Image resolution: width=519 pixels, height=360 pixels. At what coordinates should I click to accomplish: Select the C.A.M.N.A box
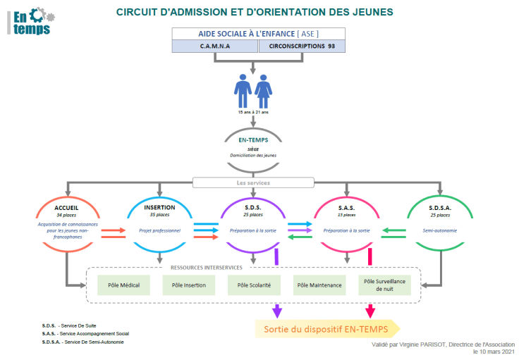click(215, 46)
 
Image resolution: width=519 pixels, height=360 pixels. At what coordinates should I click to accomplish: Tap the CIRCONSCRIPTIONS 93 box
click(302, 46)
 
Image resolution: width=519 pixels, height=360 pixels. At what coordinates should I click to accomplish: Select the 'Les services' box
click(252, 182)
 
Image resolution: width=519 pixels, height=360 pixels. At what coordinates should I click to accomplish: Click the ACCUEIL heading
click(66, 208)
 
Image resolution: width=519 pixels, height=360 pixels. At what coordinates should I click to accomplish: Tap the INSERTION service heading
click(159, 208)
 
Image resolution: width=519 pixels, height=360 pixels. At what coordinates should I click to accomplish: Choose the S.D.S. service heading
click(253, 208)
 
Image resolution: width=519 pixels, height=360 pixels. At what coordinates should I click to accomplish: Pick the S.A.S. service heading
click(346, 208)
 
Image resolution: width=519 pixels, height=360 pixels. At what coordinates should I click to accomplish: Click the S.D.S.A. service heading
click(440, 208)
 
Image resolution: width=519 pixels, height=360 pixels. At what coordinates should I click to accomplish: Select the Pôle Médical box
click(123, 285)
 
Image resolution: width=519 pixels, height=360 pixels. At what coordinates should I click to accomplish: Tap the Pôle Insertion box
click(188, 285)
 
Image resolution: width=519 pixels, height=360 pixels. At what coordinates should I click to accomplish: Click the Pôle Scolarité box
click(253, 285)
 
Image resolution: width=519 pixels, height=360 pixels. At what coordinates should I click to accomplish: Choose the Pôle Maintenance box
click(319, 285)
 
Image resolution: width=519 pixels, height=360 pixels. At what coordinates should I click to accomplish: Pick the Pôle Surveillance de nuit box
click(384, 285)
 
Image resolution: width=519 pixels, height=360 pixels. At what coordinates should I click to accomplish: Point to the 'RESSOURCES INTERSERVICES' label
click(207, 267)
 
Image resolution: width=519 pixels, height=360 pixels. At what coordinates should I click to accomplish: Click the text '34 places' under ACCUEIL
click(66, 215)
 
